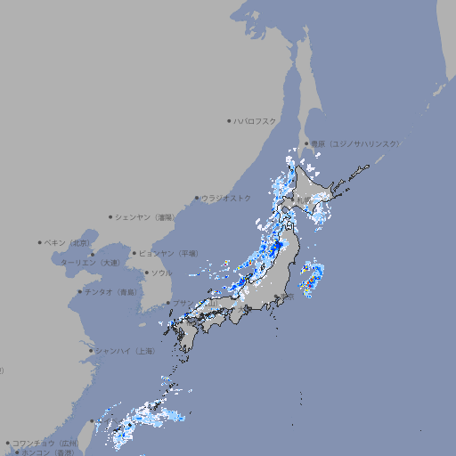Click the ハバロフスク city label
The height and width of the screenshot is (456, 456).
tap(255, 120)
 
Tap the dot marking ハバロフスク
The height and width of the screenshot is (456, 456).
tap(229, 120)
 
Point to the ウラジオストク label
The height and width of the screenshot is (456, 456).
tap(226, 198)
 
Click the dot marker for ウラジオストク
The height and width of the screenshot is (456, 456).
tap(197, 198)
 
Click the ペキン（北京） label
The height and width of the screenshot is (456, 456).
tap(68, 242)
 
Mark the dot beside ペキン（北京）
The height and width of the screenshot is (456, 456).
tap(40, 242)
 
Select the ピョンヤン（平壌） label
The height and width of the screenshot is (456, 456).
tap(168, 253)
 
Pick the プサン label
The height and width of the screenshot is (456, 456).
tap(181, 304)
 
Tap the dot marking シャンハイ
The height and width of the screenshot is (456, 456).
tap(91, 351)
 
